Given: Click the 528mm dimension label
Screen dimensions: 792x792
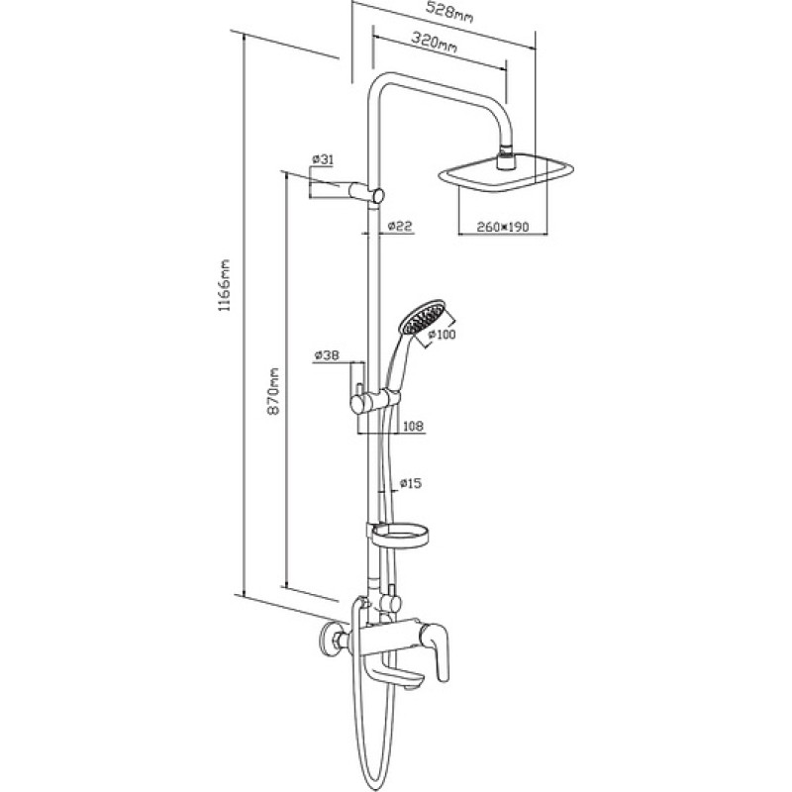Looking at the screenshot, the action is pyautogui.click(x=450, y=12).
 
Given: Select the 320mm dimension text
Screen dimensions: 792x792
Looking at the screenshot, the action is pyautogui.click(x=435, y=42).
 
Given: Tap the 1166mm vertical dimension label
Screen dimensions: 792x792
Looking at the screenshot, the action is pyautogui.click(x=224, y=285).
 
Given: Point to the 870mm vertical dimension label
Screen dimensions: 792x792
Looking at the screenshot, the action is pyautogui.click(x=273, y=391).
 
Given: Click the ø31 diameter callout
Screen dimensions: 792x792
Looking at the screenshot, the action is pyautogui.click(x=323, y=159).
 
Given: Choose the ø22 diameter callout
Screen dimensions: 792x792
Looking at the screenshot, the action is pyautogui.click(x=400, y=226).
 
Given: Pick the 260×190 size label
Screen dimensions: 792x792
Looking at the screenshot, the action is pyautogui.click(x=503, y=227).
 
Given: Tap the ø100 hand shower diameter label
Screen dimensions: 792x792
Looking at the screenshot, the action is pyautogui.click(x=442, y=334).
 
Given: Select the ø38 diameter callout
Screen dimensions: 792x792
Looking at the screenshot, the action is pyautogui.click(x=327, y=355).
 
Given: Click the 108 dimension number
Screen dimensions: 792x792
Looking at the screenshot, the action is pyautogui.click(x=413, y=427).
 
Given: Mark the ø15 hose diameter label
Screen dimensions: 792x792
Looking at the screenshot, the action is pyautogui.click(x=410, y=483).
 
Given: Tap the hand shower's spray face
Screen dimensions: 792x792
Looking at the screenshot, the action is pyautogui.click(x=424, y=317).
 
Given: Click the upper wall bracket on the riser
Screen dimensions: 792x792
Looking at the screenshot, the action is pyautogui.click(x=366, y=193).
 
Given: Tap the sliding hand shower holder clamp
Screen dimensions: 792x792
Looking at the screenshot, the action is pyautogui.click(x=376, y=401).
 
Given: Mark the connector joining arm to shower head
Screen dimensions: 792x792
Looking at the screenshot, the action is pyautogui.click(x=507, y=158).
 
